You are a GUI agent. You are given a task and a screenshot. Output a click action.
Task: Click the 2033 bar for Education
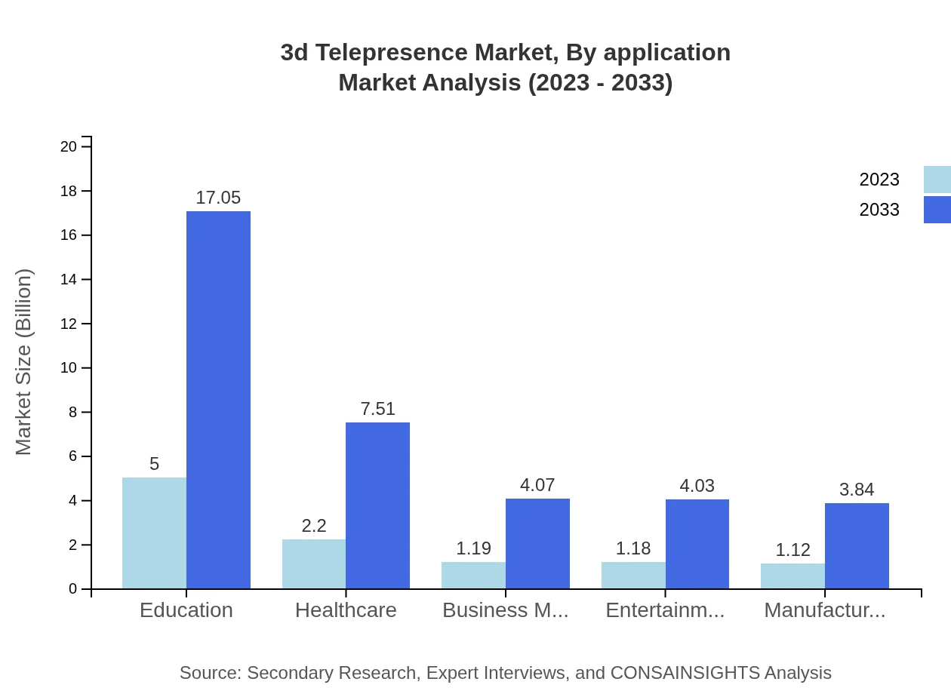(218, 400)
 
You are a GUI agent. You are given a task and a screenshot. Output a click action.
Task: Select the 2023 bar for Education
(154, 533)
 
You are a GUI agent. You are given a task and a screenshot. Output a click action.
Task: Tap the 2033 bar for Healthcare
(377, 505)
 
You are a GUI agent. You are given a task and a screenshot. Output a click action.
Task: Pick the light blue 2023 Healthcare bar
(314, 563)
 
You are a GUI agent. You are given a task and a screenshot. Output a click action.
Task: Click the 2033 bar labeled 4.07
(537, 543)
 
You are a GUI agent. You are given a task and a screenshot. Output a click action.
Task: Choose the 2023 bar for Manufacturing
(792, 576)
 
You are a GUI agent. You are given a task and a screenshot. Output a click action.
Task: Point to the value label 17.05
(218, 198)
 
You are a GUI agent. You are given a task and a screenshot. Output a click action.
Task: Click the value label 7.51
(377, 409)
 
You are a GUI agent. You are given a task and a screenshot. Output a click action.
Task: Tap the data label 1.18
(633, 548)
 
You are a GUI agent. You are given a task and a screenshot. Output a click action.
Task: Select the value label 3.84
(857, 490)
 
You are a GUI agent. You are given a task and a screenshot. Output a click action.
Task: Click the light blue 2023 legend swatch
(937, 180)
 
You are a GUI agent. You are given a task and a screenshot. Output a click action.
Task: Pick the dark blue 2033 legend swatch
(937, 210)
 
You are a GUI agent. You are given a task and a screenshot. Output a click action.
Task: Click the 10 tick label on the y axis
(69, 368)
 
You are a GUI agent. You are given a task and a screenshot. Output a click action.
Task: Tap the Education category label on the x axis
(186, 610)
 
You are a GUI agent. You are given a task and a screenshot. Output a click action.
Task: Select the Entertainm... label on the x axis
(665, 610)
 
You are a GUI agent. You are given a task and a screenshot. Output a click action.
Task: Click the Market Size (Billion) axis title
(24, 362)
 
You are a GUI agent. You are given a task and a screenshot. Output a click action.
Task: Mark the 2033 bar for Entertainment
(697, 544)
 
